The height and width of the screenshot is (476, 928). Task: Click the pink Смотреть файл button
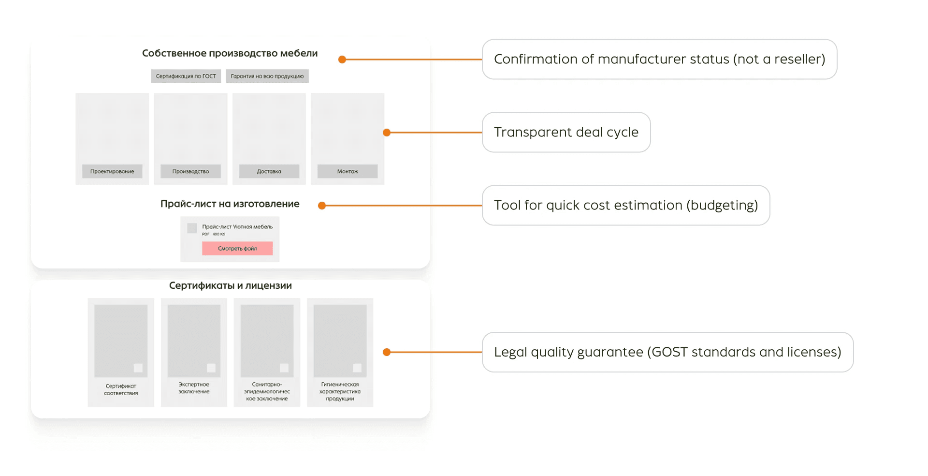tap(237, 248)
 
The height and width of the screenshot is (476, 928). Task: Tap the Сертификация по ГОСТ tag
tap(186, 76)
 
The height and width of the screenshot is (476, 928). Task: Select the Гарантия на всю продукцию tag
tap(267, 76)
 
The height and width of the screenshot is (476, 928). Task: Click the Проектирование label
tap(112, 171)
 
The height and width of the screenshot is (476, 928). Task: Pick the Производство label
tap(190, 171)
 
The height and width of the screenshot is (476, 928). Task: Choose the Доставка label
tap(269, 171)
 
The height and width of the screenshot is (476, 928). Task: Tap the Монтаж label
tap(348, 171)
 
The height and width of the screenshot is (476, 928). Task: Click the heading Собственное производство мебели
tap(230, 53)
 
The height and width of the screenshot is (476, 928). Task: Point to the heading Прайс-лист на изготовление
tap(230, 204)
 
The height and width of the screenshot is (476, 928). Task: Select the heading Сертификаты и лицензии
tap(230, 285)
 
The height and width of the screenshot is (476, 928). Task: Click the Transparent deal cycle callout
tap(566, 132)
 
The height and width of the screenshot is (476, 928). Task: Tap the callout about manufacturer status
tap(659, 59)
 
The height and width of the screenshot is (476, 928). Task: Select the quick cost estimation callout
tap(625, 205)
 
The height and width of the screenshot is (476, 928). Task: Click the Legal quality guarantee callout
tap(667, 352)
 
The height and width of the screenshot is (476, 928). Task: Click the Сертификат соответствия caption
tap(121, 389)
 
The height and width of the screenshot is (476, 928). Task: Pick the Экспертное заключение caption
tap(194, 388)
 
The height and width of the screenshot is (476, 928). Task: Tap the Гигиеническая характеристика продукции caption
tap(340, 391)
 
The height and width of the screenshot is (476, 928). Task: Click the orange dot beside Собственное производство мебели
tap(342, 59)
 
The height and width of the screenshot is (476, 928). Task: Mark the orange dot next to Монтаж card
tap(387, 133)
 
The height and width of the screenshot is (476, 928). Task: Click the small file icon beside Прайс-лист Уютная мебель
tap(192, 228)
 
